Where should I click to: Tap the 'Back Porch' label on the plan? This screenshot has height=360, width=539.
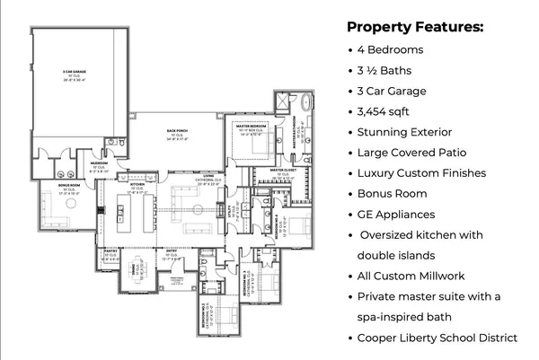point(176,130)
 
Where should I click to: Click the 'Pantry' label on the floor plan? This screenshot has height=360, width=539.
point(110,252)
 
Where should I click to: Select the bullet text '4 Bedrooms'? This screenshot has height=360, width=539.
point(391,49)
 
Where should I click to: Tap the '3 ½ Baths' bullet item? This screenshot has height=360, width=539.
point(387,70)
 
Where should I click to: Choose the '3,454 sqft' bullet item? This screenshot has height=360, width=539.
point(388,112)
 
